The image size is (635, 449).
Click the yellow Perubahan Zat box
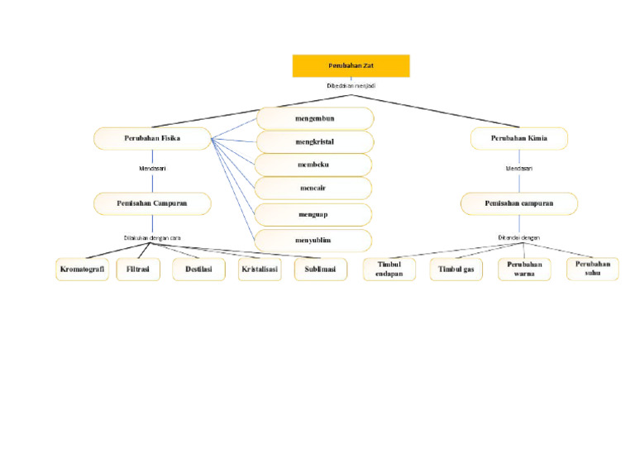tap(351, 65)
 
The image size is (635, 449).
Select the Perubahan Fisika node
tap(152, 138)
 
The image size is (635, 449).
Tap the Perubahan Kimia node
tap(519, 138)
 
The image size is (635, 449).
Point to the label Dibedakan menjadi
tap(351, 85)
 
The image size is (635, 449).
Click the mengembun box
tap(315, 118)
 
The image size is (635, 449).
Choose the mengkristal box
tap(314, 141)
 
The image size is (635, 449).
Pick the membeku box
tap(313, 165)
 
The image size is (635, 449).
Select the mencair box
tap(313, 188)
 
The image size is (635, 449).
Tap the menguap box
tap(313, 214)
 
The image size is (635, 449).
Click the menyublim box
tap(313, 241)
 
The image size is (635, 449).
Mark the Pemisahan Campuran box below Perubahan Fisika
tap(152, 203)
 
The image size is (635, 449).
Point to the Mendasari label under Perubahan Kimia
tap(519, 169)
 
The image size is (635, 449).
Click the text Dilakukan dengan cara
tap(152, 238)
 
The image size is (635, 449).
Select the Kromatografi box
tap(83, 270)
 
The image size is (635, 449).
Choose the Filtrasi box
tap(138, 270)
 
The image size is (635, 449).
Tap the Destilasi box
tap(198, 270)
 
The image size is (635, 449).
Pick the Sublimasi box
tap(321, 270)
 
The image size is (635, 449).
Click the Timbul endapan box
tap(389, 270)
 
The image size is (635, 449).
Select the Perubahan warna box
tap(524, 270)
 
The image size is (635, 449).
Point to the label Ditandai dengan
tap(518, 238)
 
